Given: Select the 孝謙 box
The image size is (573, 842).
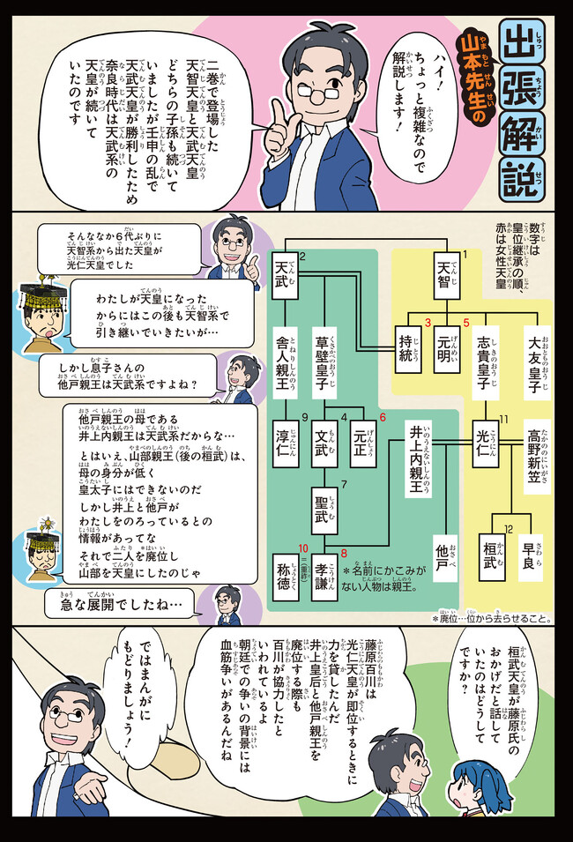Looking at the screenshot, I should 327,578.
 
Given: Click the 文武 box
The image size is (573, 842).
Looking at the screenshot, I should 326,437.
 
